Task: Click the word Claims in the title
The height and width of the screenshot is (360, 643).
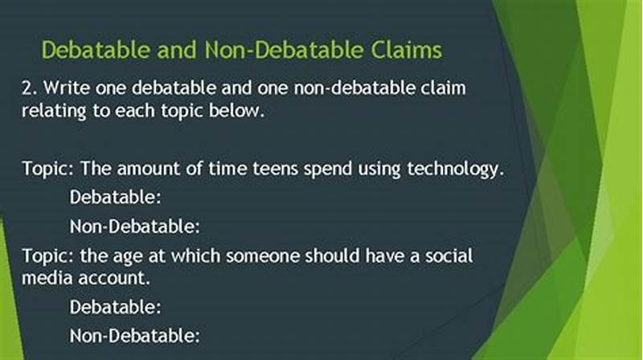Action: pos(399,50)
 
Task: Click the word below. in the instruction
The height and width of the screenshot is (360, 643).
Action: pos(236,112)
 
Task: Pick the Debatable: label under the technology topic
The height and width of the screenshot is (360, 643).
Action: pos(116,197)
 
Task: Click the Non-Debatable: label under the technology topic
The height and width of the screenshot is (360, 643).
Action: pos(134,226)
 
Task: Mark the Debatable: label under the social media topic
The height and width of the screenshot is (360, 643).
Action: pos(116,306)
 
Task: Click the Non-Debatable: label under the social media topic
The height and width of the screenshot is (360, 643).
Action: pos(134,334)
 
